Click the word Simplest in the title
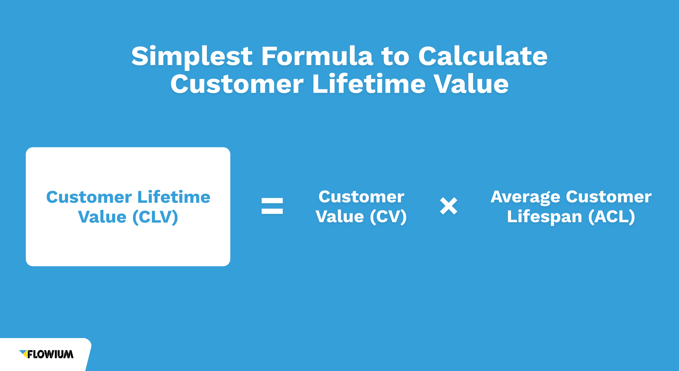pyautogui.click(x=192, y=56)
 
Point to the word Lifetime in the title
pyautogui.click(x=369, y=84)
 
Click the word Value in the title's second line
pyautogui.click(x=471, y=84)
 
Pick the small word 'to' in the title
pyautogui.click(x=395, y=56)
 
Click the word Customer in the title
pyautogui.click(x=237, y=84)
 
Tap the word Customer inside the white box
pyautogui.click(x=89, y=197)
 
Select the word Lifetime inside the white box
pyautogui.click(x=174, y=197)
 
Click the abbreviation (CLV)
pyautogui.click(x=155, y=217)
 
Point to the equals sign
pyautogui.click(x=272, y=206)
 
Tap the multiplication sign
pyautogui.click(x=449, y=206)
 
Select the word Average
pyautogui.click(x=525, y=197)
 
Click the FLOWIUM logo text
pyautogui.click(x=50, y=354)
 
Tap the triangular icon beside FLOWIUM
pyautogui.click(x=23, y=354)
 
